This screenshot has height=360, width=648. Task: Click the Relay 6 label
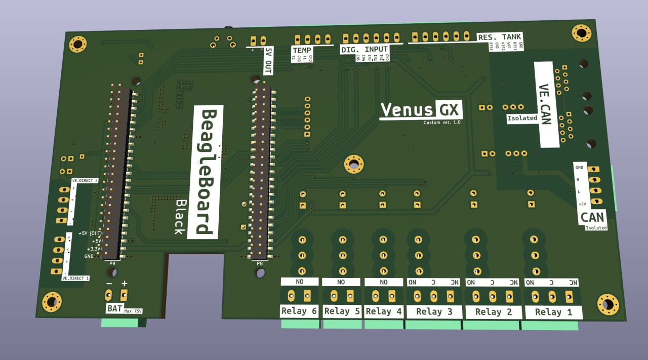(299, 311)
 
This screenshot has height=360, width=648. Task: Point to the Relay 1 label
(553, 312)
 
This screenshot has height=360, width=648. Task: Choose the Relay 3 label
(434, 311)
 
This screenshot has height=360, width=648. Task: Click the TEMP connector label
(302, 51)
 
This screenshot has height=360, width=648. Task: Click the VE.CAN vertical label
(545, 104)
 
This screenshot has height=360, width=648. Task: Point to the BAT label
(114, 308)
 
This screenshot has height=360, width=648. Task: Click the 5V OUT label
(268, 60)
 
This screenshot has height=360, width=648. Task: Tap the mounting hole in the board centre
(354, 164)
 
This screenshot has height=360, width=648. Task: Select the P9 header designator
(112, 263)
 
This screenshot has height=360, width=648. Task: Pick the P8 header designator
(260, 263)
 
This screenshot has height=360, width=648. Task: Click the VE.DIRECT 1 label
(76, 278)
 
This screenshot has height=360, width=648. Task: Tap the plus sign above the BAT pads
(124, 284)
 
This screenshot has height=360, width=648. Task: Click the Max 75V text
(133, 310)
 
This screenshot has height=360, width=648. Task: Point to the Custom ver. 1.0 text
(442, 123)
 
